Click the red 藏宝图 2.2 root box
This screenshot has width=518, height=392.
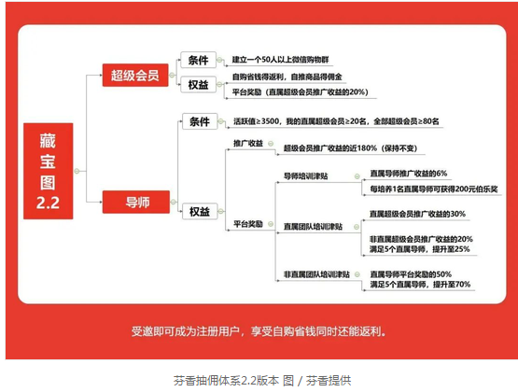point(49,171)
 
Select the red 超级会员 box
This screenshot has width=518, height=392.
point(135,76)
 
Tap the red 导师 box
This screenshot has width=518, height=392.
point(136,202)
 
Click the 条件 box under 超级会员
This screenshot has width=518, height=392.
point(198,60)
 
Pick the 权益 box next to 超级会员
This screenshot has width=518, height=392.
point(198,85)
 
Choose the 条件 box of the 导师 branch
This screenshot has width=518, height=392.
point(200,121)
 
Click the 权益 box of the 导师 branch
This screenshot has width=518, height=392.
point(200,211)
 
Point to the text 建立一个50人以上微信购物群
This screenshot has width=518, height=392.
point(281,60)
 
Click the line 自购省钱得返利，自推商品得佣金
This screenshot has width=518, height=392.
point(287,77)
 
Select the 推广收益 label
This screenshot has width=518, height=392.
point(248,144)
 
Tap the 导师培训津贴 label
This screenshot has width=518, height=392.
point(306,176)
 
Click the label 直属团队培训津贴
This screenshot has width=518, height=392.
point(314,227)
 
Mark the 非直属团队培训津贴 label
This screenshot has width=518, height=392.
point(316,274)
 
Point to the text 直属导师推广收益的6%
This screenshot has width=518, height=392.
point(408,174)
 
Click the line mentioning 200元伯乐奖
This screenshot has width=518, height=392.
point(434,189)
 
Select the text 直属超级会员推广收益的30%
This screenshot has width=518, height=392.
point(417,214)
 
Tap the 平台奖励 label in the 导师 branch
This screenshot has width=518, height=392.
point(248,224)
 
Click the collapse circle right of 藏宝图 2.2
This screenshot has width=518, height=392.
point(77,171)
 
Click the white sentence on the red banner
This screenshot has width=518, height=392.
point(259,331)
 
